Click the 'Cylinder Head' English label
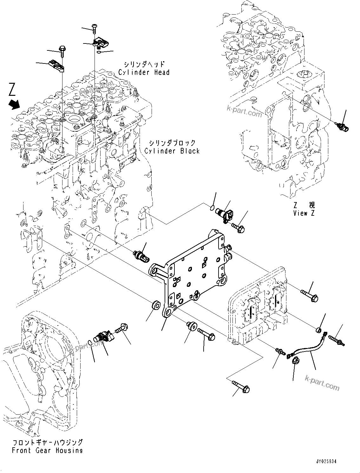pyautogui.click(x=144, y=72)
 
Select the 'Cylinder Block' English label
pyautogui.click(x=172, y=151)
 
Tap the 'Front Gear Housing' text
pyautogui.click(x=47, y=450)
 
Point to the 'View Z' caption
pyautogui.click(x=304, y=213)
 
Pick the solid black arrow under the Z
pyautogui.click(x=15, y=104)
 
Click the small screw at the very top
pyautogui.click(x=95, y=28)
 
